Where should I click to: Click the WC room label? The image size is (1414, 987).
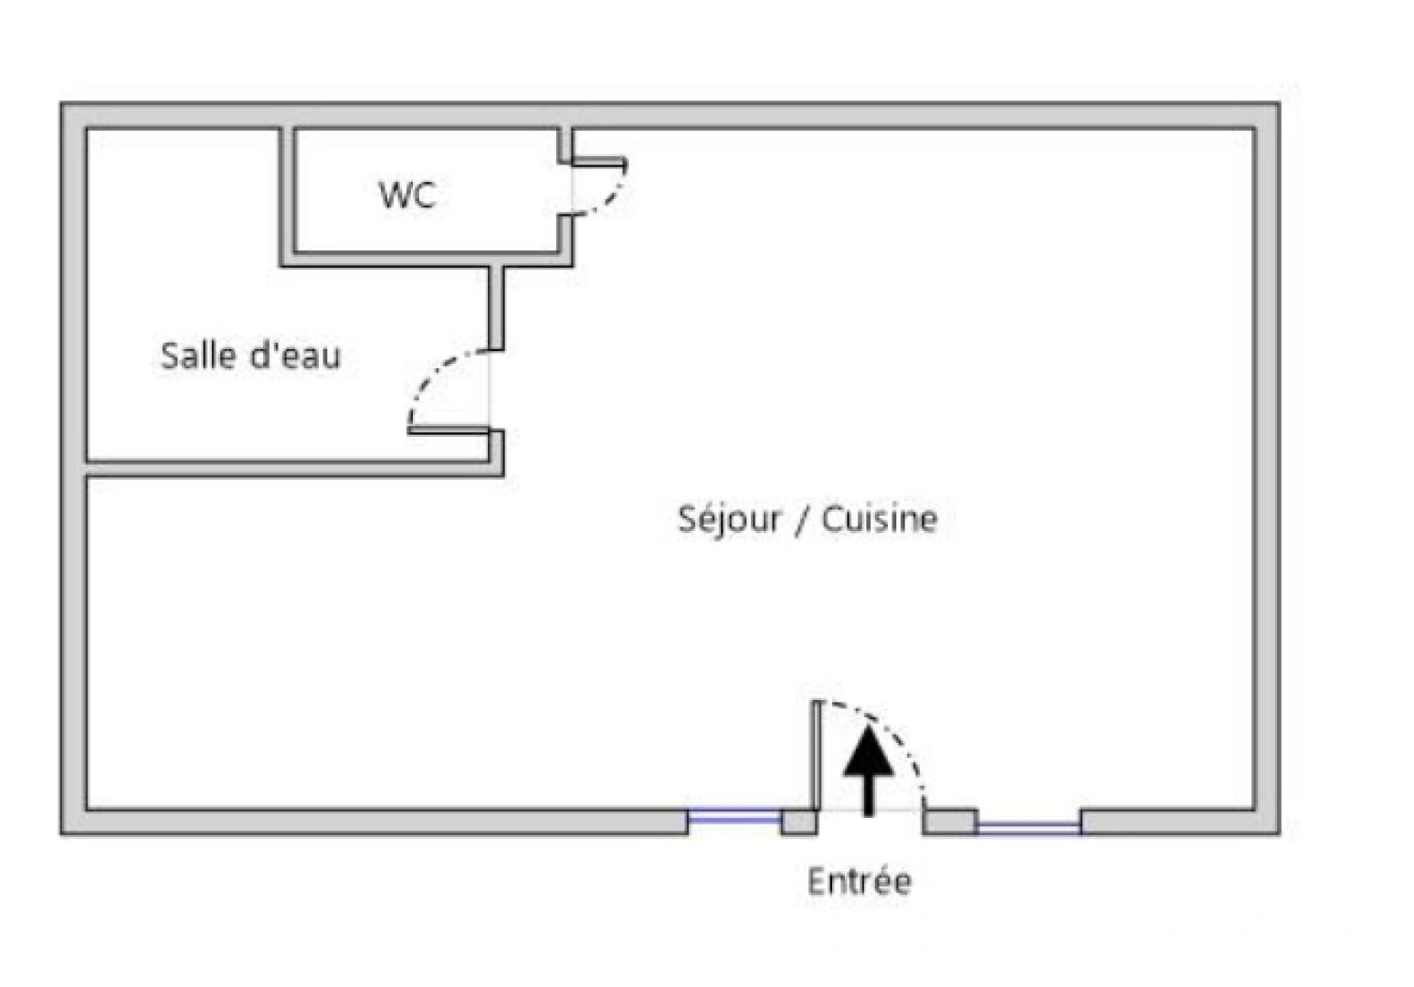click(407, 195)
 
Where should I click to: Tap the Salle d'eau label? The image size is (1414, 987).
click(250, 356)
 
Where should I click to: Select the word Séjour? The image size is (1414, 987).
click(729, 519)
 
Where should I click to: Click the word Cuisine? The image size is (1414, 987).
click(880, 519)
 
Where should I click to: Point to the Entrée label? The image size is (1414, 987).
click(859, 882)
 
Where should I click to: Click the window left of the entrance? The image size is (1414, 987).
click(733, 818)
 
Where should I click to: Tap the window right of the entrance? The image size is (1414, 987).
click(1029, 826)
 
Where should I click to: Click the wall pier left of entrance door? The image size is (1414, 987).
click(798, 822)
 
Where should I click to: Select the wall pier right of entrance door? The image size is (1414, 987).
click(949, 822)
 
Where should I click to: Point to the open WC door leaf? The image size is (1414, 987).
click(598, 164)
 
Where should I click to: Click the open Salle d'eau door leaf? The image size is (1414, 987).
click(448, 430)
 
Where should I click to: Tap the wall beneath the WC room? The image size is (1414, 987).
click(426, 260)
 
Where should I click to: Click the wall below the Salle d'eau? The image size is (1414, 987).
click(292, 469)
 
